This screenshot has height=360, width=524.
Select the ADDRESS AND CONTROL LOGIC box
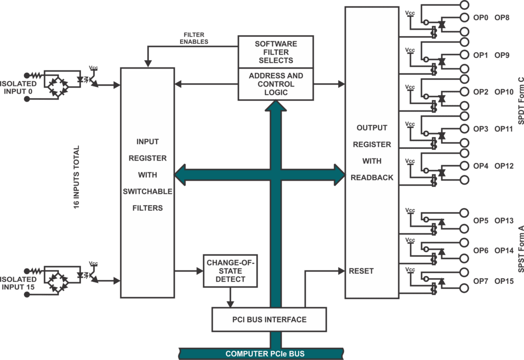pos(275,84)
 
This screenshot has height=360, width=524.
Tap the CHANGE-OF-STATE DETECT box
pos(230,271)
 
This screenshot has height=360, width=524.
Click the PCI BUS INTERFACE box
pos(269,320)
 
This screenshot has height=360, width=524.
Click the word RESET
pos(361,271)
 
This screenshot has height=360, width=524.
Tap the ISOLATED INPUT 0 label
pos(19,87)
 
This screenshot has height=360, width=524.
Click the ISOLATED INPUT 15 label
pos(19,283)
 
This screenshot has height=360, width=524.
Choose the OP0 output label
pos(481,17)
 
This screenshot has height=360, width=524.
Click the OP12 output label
pos(504,166)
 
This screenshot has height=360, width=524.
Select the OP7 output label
pos(481,281)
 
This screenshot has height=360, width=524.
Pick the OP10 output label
pos(504,92)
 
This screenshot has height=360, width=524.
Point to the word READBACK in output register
pos(372,177)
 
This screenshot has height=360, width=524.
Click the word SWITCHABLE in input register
pos(147,191)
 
